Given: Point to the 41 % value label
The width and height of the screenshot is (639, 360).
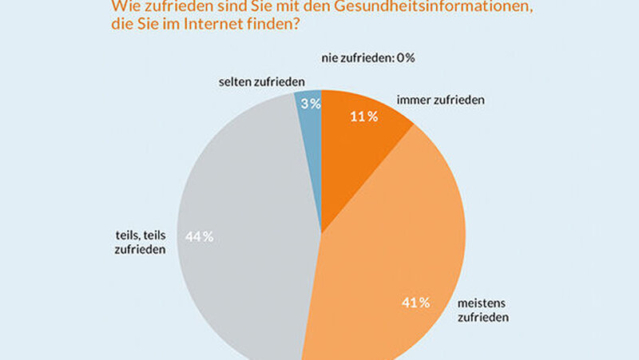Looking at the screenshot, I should pyautogui.click(x=415, y=303).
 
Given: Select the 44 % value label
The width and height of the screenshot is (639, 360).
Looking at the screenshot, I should pyautogui.click(x=199, y=236).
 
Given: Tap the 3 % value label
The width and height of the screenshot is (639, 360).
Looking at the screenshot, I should pyautogui.click(x=310, y=103).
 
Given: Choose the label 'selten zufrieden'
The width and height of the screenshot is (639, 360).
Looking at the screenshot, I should pyautogui.click(x=260, y=81).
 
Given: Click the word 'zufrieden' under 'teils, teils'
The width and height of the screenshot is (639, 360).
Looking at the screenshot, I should pyautogui.click(x=140, y=250).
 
